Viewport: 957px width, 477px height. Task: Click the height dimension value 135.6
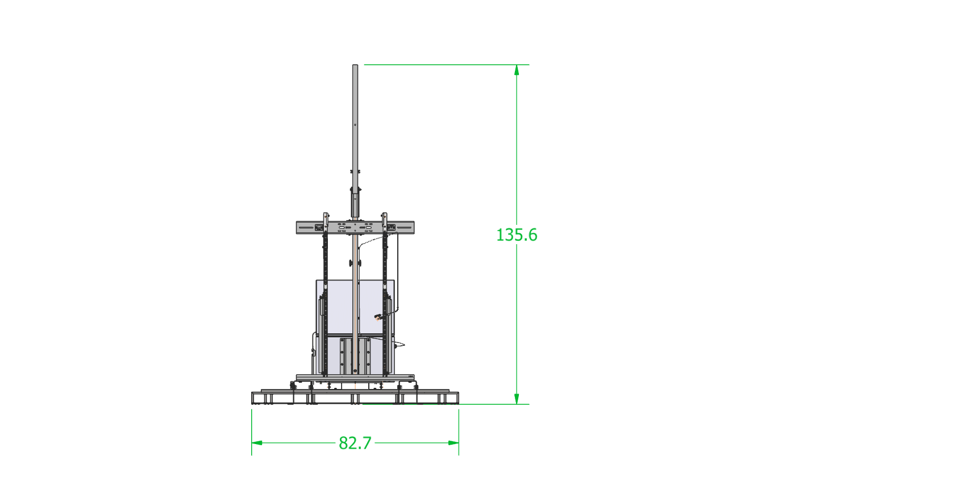[x=517, y=235]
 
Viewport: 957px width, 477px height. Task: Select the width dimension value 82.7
[x=355, y=443]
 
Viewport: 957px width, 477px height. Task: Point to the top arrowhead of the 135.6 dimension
[x=517, y=70]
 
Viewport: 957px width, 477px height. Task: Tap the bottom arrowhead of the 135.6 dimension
[x=517, y=399]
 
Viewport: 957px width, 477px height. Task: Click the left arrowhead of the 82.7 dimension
[x=257, y=443]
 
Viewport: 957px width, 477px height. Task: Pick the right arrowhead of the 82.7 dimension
[x=453, y=443]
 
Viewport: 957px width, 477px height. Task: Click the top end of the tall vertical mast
[x=355, y=65]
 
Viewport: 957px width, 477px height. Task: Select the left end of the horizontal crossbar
[x=297, y=228]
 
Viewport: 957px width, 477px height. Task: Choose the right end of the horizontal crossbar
[x=414, y=228]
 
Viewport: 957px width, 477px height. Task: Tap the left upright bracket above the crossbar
[x=326, y=217]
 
